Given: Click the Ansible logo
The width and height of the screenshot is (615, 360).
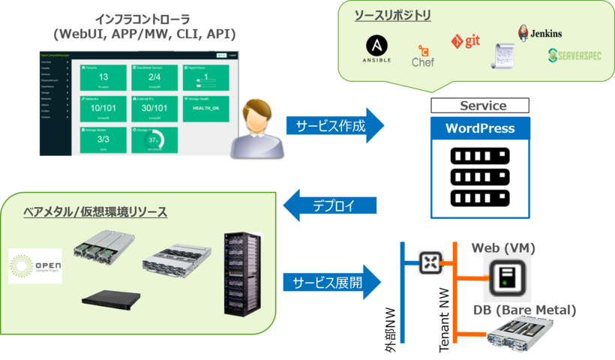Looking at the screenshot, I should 376,49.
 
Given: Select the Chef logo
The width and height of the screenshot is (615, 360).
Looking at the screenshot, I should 423,56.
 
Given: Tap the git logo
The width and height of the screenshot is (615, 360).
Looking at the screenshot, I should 466,40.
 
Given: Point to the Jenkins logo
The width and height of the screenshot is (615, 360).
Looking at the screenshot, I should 539,33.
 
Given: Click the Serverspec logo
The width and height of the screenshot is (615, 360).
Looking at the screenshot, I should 574,54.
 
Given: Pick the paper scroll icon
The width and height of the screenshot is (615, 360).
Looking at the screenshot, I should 504,57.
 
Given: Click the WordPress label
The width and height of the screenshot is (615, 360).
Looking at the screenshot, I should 480,128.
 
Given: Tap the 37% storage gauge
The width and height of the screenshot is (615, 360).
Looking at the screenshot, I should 154,140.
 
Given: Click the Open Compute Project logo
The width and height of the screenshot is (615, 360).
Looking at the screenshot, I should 35,265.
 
